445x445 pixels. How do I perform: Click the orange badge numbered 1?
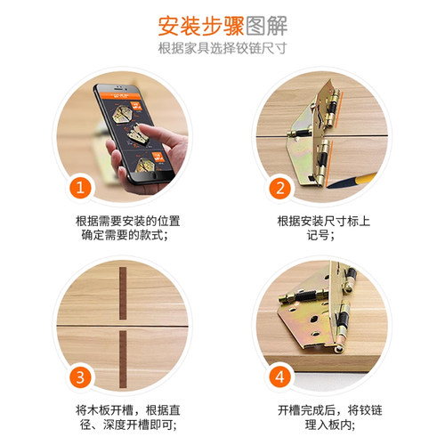click(81, 188)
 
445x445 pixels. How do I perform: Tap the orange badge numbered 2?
click(279, 188)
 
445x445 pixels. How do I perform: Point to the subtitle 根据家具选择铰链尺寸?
click(222, 48)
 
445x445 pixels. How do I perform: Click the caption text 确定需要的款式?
click(121, 236)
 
